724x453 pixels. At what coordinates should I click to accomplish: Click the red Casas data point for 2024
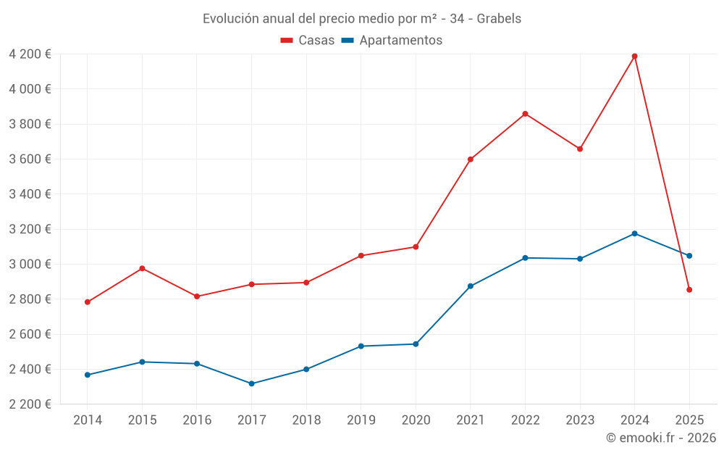point(635,56)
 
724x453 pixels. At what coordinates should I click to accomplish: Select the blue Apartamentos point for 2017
point(251,383)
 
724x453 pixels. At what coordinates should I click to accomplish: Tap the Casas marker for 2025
point(689,290)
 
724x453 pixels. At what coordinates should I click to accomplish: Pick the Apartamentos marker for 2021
point(471,286)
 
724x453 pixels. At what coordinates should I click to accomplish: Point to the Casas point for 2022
point(525,114)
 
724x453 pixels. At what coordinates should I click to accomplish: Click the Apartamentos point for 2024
point(635,233)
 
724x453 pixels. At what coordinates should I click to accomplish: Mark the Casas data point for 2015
point(142,268)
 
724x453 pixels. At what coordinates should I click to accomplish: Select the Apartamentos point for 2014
point(88,375)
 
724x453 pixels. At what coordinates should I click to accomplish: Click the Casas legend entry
point(308,41)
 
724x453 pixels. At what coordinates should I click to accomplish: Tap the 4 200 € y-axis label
point(30,54)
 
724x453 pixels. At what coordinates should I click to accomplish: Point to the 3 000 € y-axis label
point(30,264)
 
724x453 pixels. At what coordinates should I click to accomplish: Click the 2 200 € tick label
point(30,404)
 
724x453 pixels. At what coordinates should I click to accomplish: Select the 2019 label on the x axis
point(361,420)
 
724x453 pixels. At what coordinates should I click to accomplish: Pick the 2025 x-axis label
point(689,420)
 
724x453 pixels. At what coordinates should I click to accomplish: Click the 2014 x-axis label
point(88,420)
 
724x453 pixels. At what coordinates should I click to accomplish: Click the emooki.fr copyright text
point(660,438)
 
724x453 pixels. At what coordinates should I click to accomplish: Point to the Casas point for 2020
point(416,246)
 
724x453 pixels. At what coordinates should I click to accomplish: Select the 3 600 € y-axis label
point(30,159)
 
